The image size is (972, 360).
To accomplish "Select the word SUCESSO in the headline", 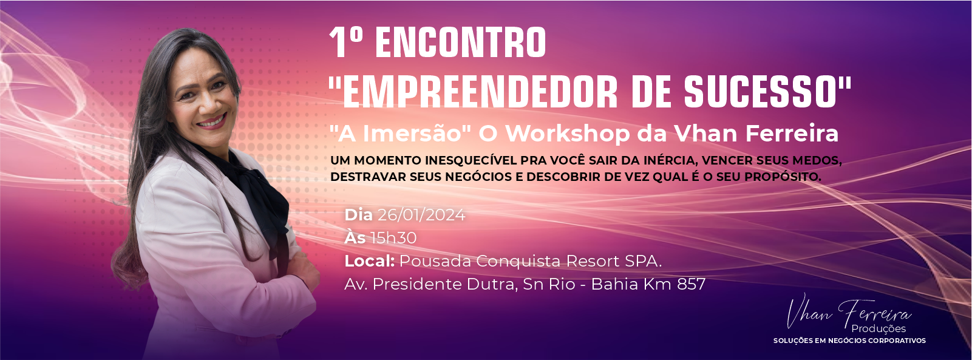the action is (761, 92).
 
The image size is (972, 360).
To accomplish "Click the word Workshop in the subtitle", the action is (568, 134).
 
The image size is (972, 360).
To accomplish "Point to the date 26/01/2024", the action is (421, 215).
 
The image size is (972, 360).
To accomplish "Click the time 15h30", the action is (393, 238).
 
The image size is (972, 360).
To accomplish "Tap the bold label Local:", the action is (369, 261).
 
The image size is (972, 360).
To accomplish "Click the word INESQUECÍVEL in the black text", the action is (471, 160).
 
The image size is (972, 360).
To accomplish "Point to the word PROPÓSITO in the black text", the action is (783, 177).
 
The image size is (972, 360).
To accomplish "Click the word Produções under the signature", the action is (879, 329).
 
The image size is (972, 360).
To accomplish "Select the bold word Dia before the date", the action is (358, 215).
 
